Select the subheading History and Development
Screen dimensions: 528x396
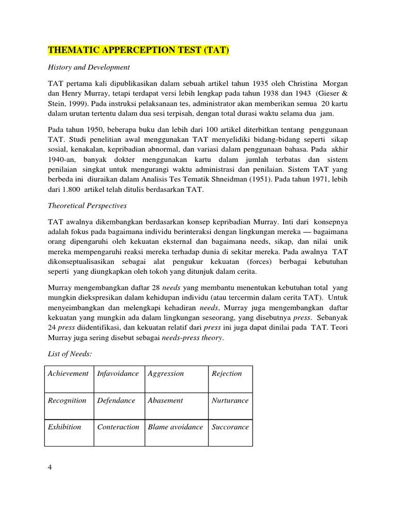(x=89, y=68)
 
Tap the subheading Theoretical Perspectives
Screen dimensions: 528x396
(x=87, y=206)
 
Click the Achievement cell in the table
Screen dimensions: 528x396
(x=69, y=373)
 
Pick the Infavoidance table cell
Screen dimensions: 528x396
(x=118, y=373)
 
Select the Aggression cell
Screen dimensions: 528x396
(x=166, y=373)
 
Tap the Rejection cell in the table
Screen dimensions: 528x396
(x=226, y=373)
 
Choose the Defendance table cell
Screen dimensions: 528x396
(x=116, y=400)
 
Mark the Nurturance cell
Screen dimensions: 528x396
(x=230, y=400)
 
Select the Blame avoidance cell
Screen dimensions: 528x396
(x=176, y=427)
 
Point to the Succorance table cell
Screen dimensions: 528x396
(x=230, y=427)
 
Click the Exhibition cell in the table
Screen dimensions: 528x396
(x=64, y=427)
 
